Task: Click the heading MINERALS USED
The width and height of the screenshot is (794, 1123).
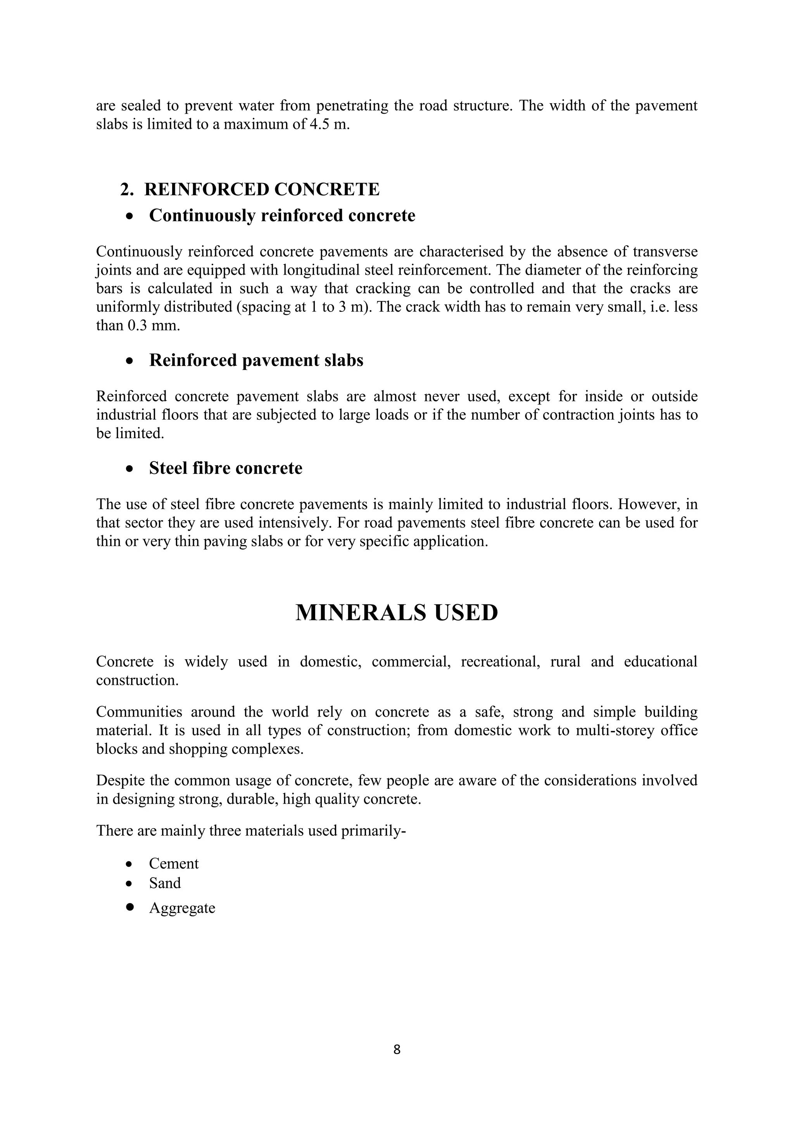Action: tap(397, 612)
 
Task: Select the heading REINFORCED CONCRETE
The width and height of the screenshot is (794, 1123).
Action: tap(262, 189)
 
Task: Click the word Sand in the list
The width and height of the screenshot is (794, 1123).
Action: tap(165, 883)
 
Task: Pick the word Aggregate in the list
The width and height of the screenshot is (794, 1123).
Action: tap(182, 908)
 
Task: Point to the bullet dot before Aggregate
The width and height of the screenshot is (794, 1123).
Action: tap(129, 907)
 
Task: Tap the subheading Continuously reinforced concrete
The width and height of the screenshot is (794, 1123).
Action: tap(282, 215)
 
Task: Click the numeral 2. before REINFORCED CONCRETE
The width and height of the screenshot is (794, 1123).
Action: tap(127, 189)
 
